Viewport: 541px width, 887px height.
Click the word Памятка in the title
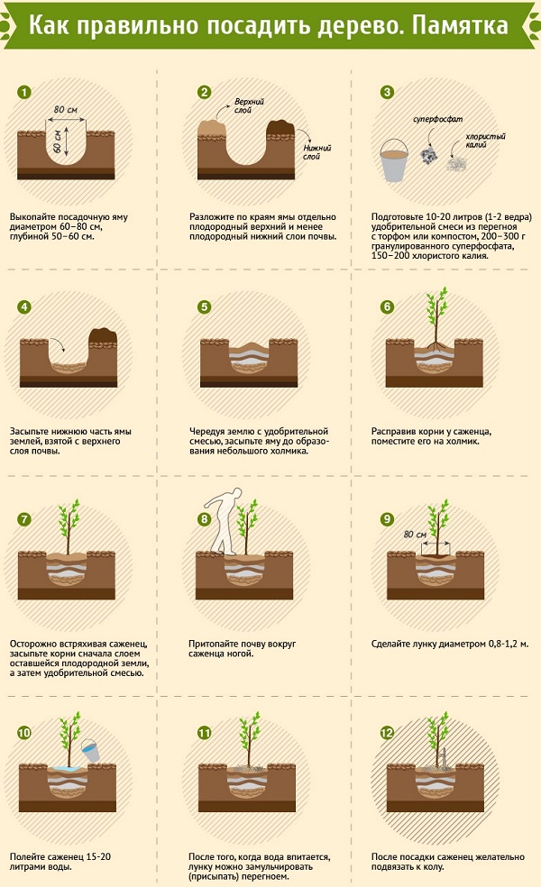pos(460,26)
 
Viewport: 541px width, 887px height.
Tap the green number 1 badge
pos(24,92)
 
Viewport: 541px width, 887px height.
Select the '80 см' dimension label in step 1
pos(66,110)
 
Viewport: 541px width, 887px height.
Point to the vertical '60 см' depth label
pos(57,141)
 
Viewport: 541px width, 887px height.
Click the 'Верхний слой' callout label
pos(249,105)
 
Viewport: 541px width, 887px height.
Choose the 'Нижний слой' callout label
pos(316,152)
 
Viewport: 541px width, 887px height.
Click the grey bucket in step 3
pos(394,160)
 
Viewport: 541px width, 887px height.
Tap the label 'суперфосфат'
pos(437,119)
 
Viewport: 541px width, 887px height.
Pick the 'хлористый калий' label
pos(485,141)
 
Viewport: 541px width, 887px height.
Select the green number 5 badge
pos(205,307)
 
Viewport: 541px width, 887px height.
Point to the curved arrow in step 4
pos(59,344)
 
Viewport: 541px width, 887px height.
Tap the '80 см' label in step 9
pos(415,534)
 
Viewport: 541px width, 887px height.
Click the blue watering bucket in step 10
pos(90,751)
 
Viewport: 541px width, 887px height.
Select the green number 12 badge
pos(387,733)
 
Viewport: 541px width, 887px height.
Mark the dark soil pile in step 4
pos(103,336)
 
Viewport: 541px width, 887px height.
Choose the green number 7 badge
pos(23,519)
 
